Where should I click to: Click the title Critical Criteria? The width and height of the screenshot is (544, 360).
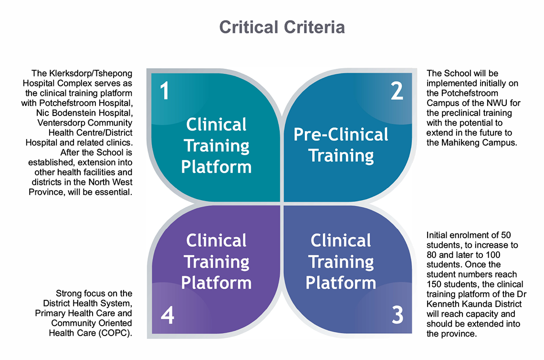tap(282, 27)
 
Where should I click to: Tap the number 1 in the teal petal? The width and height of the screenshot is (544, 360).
tap(164, 91)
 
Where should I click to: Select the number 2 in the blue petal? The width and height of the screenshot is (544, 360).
tap(397, 91)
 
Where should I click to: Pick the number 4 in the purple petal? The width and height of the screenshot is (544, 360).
tap(167, 315)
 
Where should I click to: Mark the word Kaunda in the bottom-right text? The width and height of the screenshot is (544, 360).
tap(475, 305)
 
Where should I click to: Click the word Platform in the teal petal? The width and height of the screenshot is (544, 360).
tap(216, 167)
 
